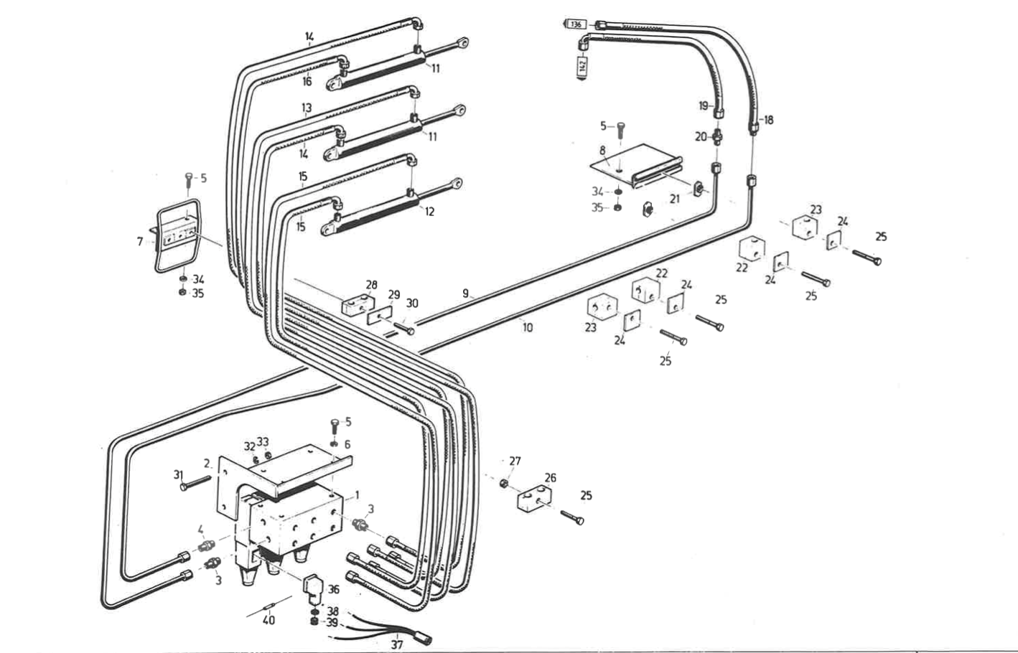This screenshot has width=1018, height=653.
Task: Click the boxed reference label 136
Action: (576, 24)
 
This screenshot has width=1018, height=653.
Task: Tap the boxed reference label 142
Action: (582, 65)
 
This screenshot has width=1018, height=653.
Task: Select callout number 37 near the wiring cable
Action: (396, 644)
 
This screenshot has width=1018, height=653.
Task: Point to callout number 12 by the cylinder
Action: (429, 212)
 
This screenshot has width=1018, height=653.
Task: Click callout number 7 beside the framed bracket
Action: (140, 242)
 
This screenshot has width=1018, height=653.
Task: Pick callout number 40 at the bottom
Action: (268, 620)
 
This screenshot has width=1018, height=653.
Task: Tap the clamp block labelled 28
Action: (359, 304)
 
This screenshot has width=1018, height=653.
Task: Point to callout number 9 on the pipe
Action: (465, 293)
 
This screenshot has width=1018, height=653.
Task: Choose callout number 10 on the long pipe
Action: (528, 327)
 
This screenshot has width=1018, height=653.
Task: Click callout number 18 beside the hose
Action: (769, 120)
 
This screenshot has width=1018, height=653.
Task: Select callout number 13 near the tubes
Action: (307, 108)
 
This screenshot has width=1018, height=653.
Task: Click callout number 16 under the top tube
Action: (307, 81)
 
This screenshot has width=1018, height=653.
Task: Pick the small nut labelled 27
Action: (505, 483)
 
